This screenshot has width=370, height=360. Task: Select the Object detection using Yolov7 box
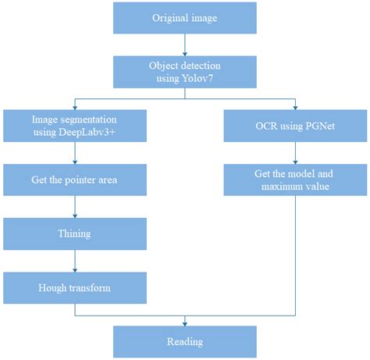pos(185,73)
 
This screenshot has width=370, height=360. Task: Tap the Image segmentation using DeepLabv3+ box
pos(74,126)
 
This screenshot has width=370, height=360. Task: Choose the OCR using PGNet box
pos(295,126)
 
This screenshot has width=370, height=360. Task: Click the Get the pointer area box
pos(74,180)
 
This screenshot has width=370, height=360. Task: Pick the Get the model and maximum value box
pos(295,180)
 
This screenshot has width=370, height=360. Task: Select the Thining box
pos(74,233)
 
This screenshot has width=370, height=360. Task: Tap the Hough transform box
pos(74,288)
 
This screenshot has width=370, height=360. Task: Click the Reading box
pos(185,341)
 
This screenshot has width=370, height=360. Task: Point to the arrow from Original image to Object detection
pos(185,46)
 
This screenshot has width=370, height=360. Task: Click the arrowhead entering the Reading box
pos(185,322)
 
